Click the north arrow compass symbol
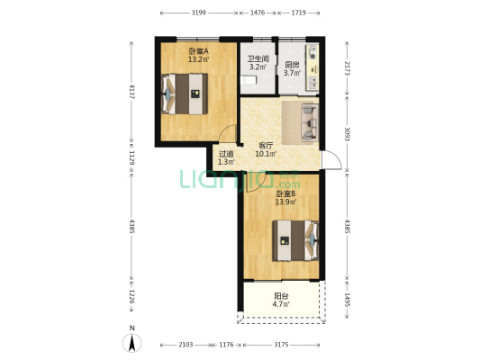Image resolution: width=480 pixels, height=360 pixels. pyautogui.click(x=132, y=343)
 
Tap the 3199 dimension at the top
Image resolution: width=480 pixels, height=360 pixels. pyautogui.click(x=199, y=13)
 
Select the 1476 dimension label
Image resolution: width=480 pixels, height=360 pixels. pyautogui.click(x=258, y=13)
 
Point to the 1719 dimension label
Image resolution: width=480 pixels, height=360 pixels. pyautogui.click(x=298, y=13)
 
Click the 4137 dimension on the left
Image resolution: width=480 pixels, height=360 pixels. pyautogui.click(x=132, y=91)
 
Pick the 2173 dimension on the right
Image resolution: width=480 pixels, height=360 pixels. pyautogui.click(x=347, y=67)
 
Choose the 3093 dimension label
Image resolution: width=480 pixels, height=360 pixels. pyautogui.click(x=347, y=134)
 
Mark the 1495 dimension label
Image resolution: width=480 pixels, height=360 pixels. pyautogui.click(x=347, y=300)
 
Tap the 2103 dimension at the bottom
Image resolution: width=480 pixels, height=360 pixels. pyautogui.click(x=186, y=345)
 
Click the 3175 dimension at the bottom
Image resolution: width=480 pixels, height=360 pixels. pyautogui.click(x=281, y=345)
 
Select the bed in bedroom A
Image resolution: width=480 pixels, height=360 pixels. pyautogui.click(x=185, y=94)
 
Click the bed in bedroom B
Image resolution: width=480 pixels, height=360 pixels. pyautogui.click(x=295, y=240)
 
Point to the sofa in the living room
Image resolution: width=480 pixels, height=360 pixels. pyautogui.click(x=310, y=122)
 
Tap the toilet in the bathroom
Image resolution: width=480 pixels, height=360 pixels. pyautogui.click(x=249, y=80)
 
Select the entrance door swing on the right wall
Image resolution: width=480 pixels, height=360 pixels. pyautogui.click(x=331, y=160)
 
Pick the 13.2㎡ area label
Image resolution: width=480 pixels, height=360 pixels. pyautogui.click(x=198, y=59)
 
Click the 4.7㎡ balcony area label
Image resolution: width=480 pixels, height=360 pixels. pyautogui.click(x=281, y=304)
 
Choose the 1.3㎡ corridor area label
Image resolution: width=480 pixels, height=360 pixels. pyautogui.click(x=227, y=162)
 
